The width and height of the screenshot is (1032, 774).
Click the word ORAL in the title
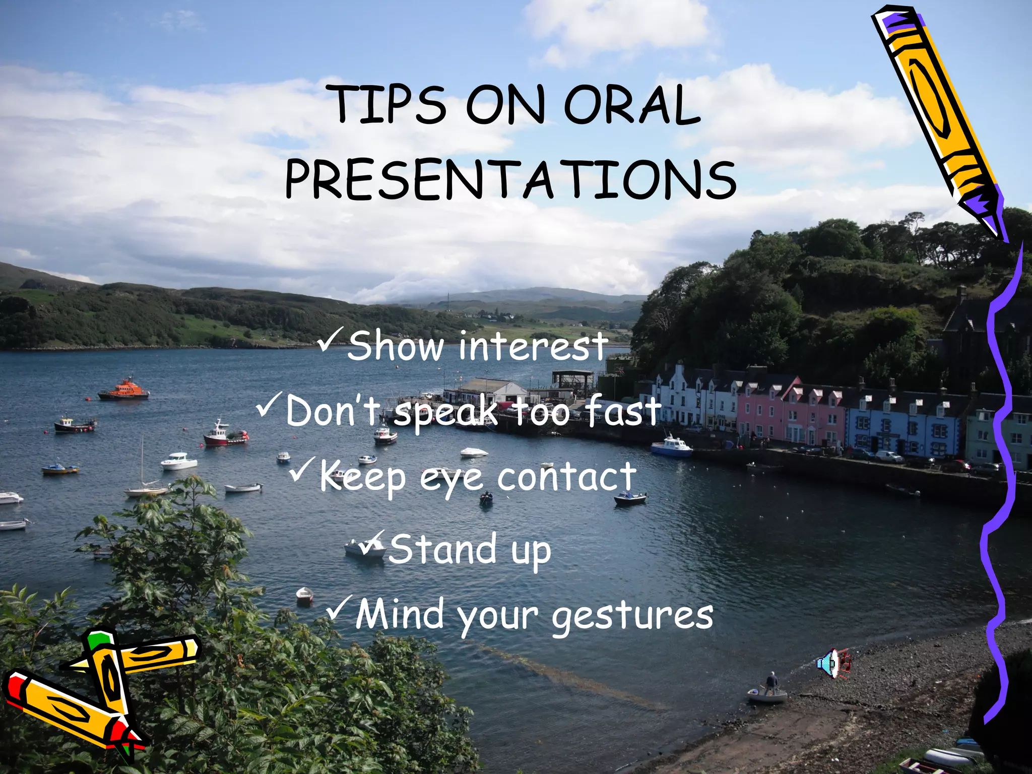pyautogui.click(x=632, y=105)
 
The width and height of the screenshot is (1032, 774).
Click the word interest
pyautogui.click(x=533, y=346)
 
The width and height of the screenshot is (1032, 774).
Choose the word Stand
pyautogui.click(x=442, y=549)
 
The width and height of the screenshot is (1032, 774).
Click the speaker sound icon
pyautogui.click(x=833, y=663)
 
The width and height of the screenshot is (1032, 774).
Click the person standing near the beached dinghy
pyautogui.click(x=771, y=683)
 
